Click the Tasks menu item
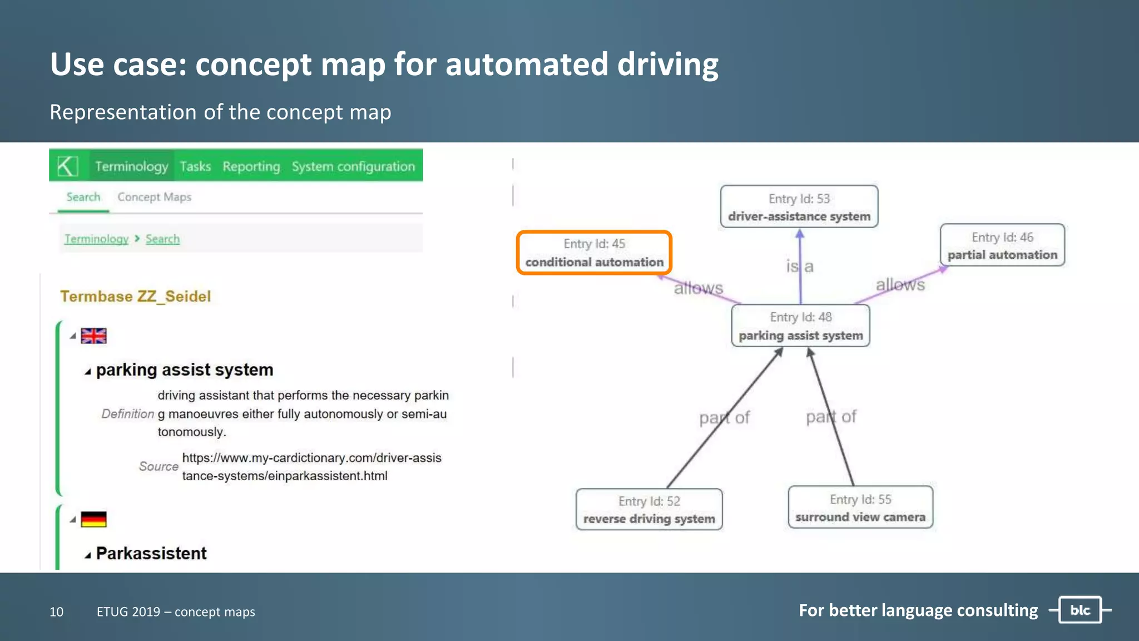click(195, 166)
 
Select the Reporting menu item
click(251, 166)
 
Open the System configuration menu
click(353, 166)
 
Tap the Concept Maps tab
click(154, 197)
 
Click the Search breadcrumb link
click(162, 239)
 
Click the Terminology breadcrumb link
click(96, 239)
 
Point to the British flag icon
click(93, 336)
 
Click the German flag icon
click(93, 519)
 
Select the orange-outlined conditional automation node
click(594, 253)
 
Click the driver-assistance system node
click(799, 207)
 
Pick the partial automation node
click(1002, 245)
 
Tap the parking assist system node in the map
click(800, 326)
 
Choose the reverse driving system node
click(649, 510)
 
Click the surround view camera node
click(860, 507)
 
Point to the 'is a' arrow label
click(800, 267)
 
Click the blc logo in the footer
click(1080, 610)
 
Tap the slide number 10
click(56, 612)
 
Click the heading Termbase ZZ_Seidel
click(136, 296)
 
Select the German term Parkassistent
click(151, 553)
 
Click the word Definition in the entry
click(127, 414)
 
